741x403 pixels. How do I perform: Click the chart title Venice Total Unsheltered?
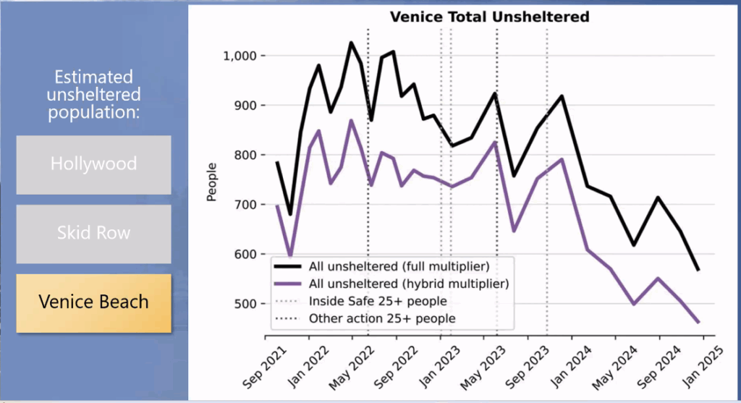coord(489,17)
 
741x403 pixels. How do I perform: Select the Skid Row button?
coord(93,233)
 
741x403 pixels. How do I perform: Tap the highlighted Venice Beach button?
coord(93,302)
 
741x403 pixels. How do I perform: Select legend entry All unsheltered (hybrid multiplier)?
coord(406,284)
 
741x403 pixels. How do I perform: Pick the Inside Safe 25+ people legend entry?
coord(378,301)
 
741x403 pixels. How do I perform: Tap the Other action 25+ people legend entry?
coord(382,318)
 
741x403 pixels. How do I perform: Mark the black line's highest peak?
coord(352,43)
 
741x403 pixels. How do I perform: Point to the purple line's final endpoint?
coord(698,322)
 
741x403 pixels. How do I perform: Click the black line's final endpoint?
coord(698,270)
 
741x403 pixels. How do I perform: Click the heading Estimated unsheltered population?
coord(93,95)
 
